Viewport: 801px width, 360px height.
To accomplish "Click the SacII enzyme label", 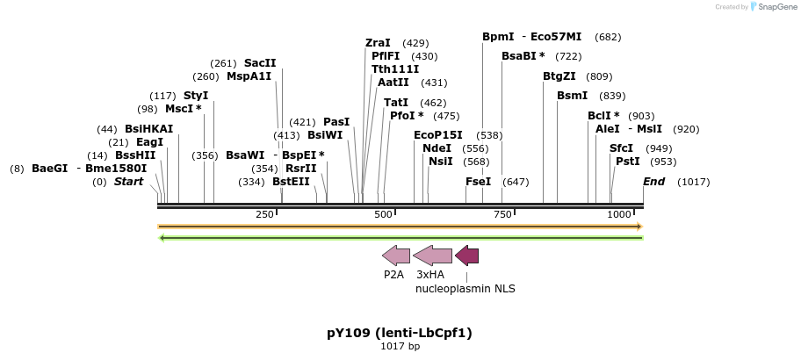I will (260, 63).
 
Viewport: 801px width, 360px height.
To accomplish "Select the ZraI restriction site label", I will (378, 43).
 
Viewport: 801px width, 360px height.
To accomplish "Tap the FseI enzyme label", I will (478, 182).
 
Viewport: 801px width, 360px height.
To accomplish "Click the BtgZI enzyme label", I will (559, 76).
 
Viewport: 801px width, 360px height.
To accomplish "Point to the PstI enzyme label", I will (627, 162).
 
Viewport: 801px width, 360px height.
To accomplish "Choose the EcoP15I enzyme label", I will (437, 135).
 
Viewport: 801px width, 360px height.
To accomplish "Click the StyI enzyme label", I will (196, 96).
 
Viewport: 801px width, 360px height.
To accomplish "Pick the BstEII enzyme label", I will (291, 182).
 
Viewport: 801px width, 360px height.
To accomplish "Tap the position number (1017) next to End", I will (694, 182).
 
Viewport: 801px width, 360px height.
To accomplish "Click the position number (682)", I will (608, 37).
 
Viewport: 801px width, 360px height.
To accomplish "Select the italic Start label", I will (128, 182).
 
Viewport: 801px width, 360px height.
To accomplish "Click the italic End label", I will (653, 182).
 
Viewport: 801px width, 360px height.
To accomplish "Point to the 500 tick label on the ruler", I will (384, 215).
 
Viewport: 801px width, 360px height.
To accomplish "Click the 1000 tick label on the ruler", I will (619, 215).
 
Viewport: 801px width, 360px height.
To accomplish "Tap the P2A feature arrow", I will (396, 256).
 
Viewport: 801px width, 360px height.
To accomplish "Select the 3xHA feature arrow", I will (432, 256).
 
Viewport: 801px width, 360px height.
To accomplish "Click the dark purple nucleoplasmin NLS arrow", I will (466, 256).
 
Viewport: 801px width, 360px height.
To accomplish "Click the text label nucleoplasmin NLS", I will (465, 288).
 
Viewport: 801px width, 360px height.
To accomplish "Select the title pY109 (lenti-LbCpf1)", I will (400, 333).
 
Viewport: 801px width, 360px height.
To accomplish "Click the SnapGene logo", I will (770, 6).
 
